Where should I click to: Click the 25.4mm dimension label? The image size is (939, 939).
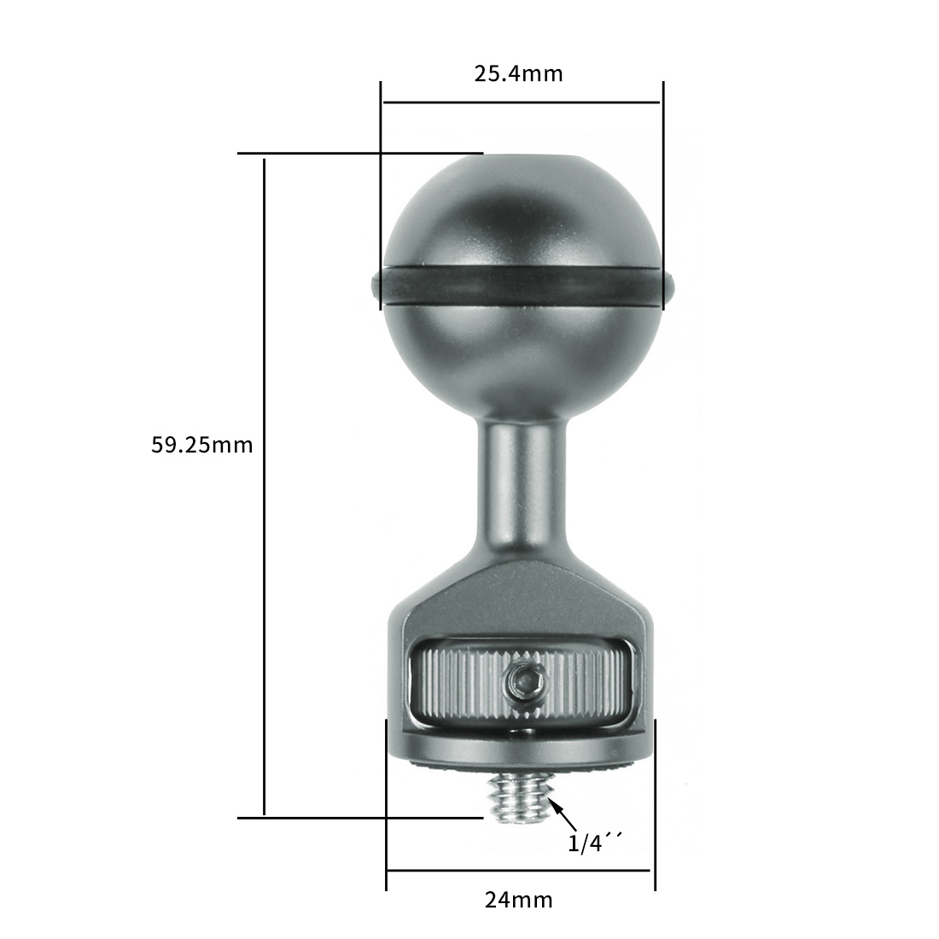coord(519,73)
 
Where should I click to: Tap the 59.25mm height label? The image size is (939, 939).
coord(201,445)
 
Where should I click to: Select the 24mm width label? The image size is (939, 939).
coord(519,900)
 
